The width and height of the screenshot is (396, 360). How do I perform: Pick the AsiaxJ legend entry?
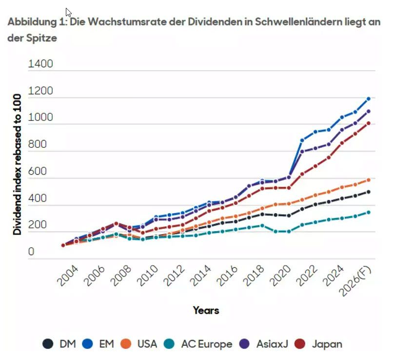click(265, 344)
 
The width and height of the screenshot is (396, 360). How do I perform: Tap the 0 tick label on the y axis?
click(31, 253)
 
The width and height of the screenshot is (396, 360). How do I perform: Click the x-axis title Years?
click(206, 310)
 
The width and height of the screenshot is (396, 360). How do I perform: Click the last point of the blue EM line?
click(369, 99)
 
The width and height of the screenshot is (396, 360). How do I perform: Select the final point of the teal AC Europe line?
click(369, 213)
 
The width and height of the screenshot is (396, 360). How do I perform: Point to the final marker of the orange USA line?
click(369, 180)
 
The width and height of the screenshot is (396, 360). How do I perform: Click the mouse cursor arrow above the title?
click(68, 12)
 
